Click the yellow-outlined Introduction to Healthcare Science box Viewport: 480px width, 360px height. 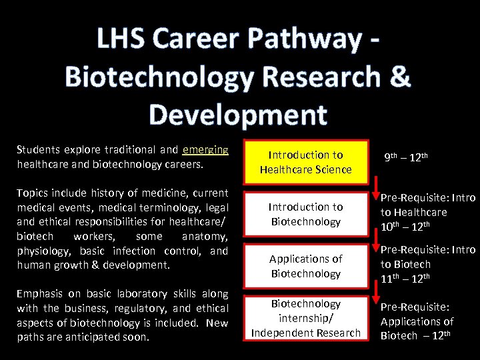pos(306,162)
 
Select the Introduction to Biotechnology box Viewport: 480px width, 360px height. pos(306,214)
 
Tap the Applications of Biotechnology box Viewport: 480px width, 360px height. pos(306,266)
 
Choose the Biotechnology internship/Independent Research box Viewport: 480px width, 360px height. pos(306,318)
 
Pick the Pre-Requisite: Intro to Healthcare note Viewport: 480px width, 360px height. pos(427,212)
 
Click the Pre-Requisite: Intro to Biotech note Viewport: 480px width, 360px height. pos(427,264)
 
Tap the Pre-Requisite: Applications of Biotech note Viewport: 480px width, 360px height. pos(417,321)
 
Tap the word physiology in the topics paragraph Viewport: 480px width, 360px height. pos(41,251)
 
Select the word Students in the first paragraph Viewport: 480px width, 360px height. pos(38,149)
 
